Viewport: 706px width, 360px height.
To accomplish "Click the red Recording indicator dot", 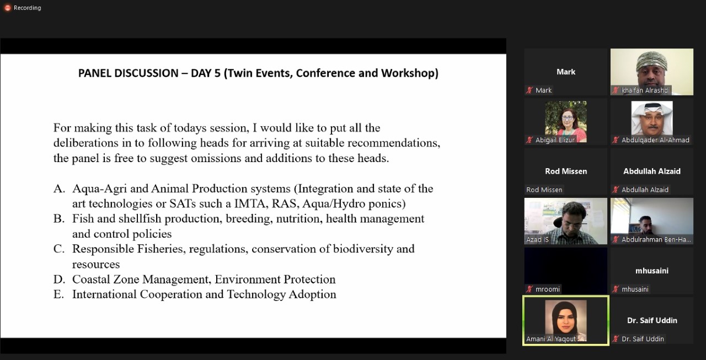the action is point(8,8).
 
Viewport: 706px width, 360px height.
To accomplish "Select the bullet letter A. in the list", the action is point(59,189).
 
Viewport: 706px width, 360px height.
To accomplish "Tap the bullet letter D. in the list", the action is point(59,280).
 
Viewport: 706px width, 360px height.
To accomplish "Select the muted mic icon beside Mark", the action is point(529,90).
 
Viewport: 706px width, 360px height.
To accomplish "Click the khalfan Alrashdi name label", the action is point(645,90).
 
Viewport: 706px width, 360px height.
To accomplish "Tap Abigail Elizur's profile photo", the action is point(566,122).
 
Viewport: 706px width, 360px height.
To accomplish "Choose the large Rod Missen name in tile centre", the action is point(566,171).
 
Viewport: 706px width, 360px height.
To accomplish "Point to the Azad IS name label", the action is point(537,240).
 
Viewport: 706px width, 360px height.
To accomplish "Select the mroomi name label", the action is point(548,289).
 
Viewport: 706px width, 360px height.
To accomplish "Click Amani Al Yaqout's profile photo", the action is point(566,320).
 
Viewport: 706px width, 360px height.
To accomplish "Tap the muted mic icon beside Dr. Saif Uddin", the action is point(616,339).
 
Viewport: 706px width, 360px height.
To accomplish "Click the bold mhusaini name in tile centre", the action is point(652,271).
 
